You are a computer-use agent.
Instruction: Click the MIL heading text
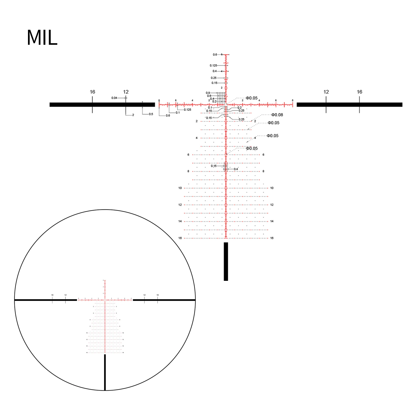coord(42,38)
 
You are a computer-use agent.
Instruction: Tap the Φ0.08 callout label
coord(277,115)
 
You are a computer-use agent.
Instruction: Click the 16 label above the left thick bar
coord(92,92)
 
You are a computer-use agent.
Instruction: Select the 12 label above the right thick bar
coord(326,92)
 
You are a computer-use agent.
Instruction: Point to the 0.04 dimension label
coord(114,98)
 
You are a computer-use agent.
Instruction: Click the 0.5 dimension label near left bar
coord(151,114)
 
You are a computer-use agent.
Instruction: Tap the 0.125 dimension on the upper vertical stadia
coord(213,66)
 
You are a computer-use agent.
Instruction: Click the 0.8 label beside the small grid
coord(208,93)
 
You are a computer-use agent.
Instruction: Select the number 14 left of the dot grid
coord(180,221)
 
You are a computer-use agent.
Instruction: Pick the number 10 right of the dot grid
coord(272,188)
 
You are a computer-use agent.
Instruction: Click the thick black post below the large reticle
coord(226,261)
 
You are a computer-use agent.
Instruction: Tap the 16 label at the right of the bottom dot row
coord(272,238)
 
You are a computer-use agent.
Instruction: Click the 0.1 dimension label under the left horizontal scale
coord(178,113)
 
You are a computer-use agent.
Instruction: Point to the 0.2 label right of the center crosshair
coord(240,108)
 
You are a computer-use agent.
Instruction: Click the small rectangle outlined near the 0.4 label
coord(226,167)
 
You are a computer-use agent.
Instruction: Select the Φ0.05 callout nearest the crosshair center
coord(252,98)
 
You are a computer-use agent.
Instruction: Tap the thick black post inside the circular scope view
coord(105,372)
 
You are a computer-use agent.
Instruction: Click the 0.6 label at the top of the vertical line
coord(215,55)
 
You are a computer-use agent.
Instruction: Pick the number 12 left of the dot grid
coord(180,205)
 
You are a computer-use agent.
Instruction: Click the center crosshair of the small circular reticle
coord(105,300)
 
